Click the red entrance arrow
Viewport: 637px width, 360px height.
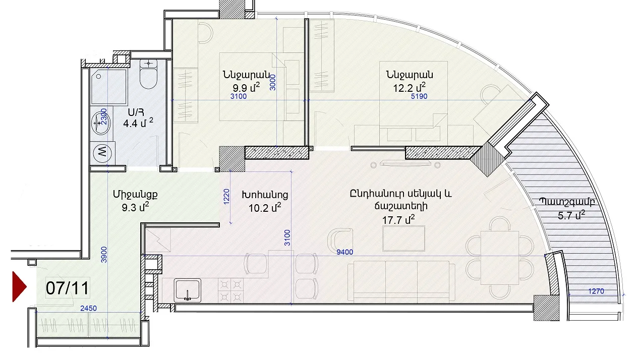(x=19, y=286)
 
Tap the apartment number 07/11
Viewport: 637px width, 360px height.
(x=68, y=288)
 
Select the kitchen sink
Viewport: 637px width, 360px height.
(x=188, y=290)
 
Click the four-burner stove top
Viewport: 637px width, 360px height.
(x=230, y=290)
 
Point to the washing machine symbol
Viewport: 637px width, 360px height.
(x=102, y=153)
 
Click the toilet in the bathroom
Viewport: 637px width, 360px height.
(x=148, y=74)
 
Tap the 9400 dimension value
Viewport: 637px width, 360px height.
(x=344, y=252)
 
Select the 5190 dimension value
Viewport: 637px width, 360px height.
(x=419, y=96)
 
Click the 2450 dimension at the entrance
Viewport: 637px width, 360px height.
(x=88, y=308)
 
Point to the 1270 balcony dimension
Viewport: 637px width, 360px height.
(x=596, y=291)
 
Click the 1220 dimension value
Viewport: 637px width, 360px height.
(x=226, y=197)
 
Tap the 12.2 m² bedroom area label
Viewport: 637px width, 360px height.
(x=409, y=88)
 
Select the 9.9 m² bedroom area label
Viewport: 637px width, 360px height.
(x=246, y=88)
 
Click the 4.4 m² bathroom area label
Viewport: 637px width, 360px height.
(x=138, y=123)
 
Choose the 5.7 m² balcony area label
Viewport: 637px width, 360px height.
(x=571, y=215)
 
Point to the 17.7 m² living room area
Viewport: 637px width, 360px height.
(x=398, y=220)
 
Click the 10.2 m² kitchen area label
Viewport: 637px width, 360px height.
(x=265, y=208)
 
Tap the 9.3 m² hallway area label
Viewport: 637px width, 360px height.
(x=135, y=207)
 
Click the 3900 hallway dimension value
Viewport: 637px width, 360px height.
(x=104, y=255)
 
